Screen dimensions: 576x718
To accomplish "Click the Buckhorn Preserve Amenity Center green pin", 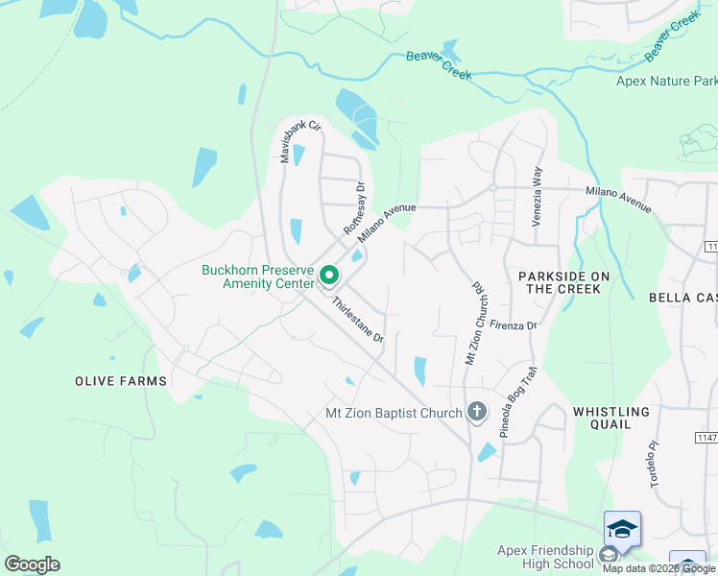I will click(x=329, y=276).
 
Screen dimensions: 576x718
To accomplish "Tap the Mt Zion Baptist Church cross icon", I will click(x=477, y=414).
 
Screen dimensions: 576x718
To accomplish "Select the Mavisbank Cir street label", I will click(x=299, y=141).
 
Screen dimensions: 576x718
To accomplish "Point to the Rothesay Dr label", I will click(x=356, y=209).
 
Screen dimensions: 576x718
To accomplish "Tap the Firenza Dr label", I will click(x=512, y=325).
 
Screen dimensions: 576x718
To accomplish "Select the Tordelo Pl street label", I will click(x=656, y=464).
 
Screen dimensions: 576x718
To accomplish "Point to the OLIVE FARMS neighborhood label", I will click(x=121, y=381).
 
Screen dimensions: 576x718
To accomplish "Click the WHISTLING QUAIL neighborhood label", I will click(x=611, y=418).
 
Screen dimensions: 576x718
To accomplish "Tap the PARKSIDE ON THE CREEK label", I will click(x=564, y=282).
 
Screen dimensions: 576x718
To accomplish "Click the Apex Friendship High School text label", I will click(x=545, y=557).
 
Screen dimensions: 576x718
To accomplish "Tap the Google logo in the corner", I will click(x=32, y=564).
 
